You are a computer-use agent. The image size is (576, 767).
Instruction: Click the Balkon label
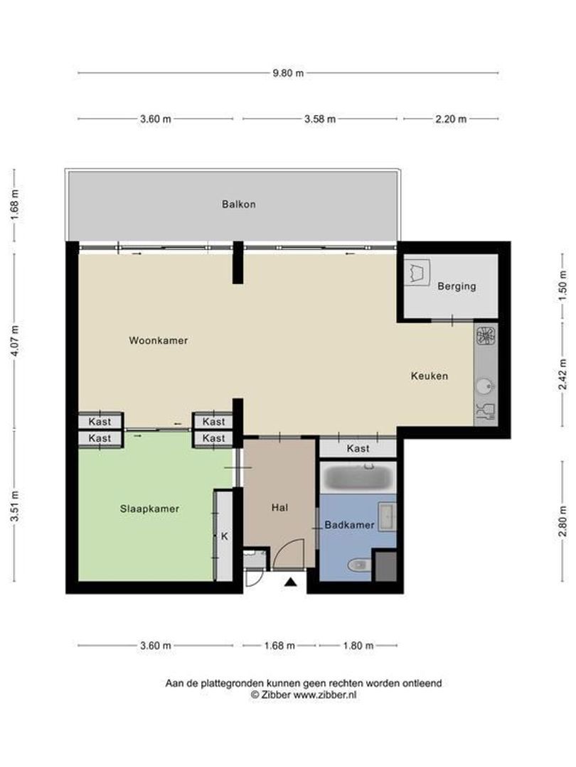238,205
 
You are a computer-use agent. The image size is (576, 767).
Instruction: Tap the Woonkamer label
158,340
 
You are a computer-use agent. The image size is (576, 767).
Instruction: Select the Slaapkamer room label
149,508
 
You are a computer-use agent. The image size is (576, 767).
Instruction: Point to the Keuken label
429,376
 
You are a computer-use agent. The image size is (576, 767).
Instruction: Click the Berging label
457,286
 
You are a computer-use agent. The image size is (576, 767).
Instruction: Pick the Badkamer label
349,525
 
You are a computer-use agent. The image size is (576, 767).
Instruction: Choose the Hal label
279,508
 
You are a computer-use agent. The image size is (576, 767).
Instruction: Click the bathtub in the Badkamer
358,477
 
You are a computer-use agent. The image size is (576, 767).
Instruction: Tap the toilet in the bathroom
359,565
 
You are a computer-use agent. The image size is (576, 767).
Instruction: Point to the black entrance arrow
291,582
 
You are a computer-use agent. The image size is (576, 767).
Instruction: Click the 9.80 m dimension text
288,73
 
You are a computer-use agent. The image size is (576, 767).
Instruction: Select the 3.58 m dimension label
320,119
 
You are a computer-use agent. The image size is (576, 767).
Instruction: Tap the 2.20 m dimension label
451,119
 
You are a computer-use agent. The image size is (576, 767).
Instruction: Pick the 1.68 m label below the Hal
279,646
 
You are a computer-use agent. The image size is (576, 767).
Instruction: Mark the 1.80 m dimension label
358,646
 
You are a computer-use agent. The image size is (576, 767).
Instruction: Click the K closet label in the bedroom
224,536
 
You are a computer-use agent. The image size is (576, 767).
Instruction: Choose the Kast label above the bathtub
358,449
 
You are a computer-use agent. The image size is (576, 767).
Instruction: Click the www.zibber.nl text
325,695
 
